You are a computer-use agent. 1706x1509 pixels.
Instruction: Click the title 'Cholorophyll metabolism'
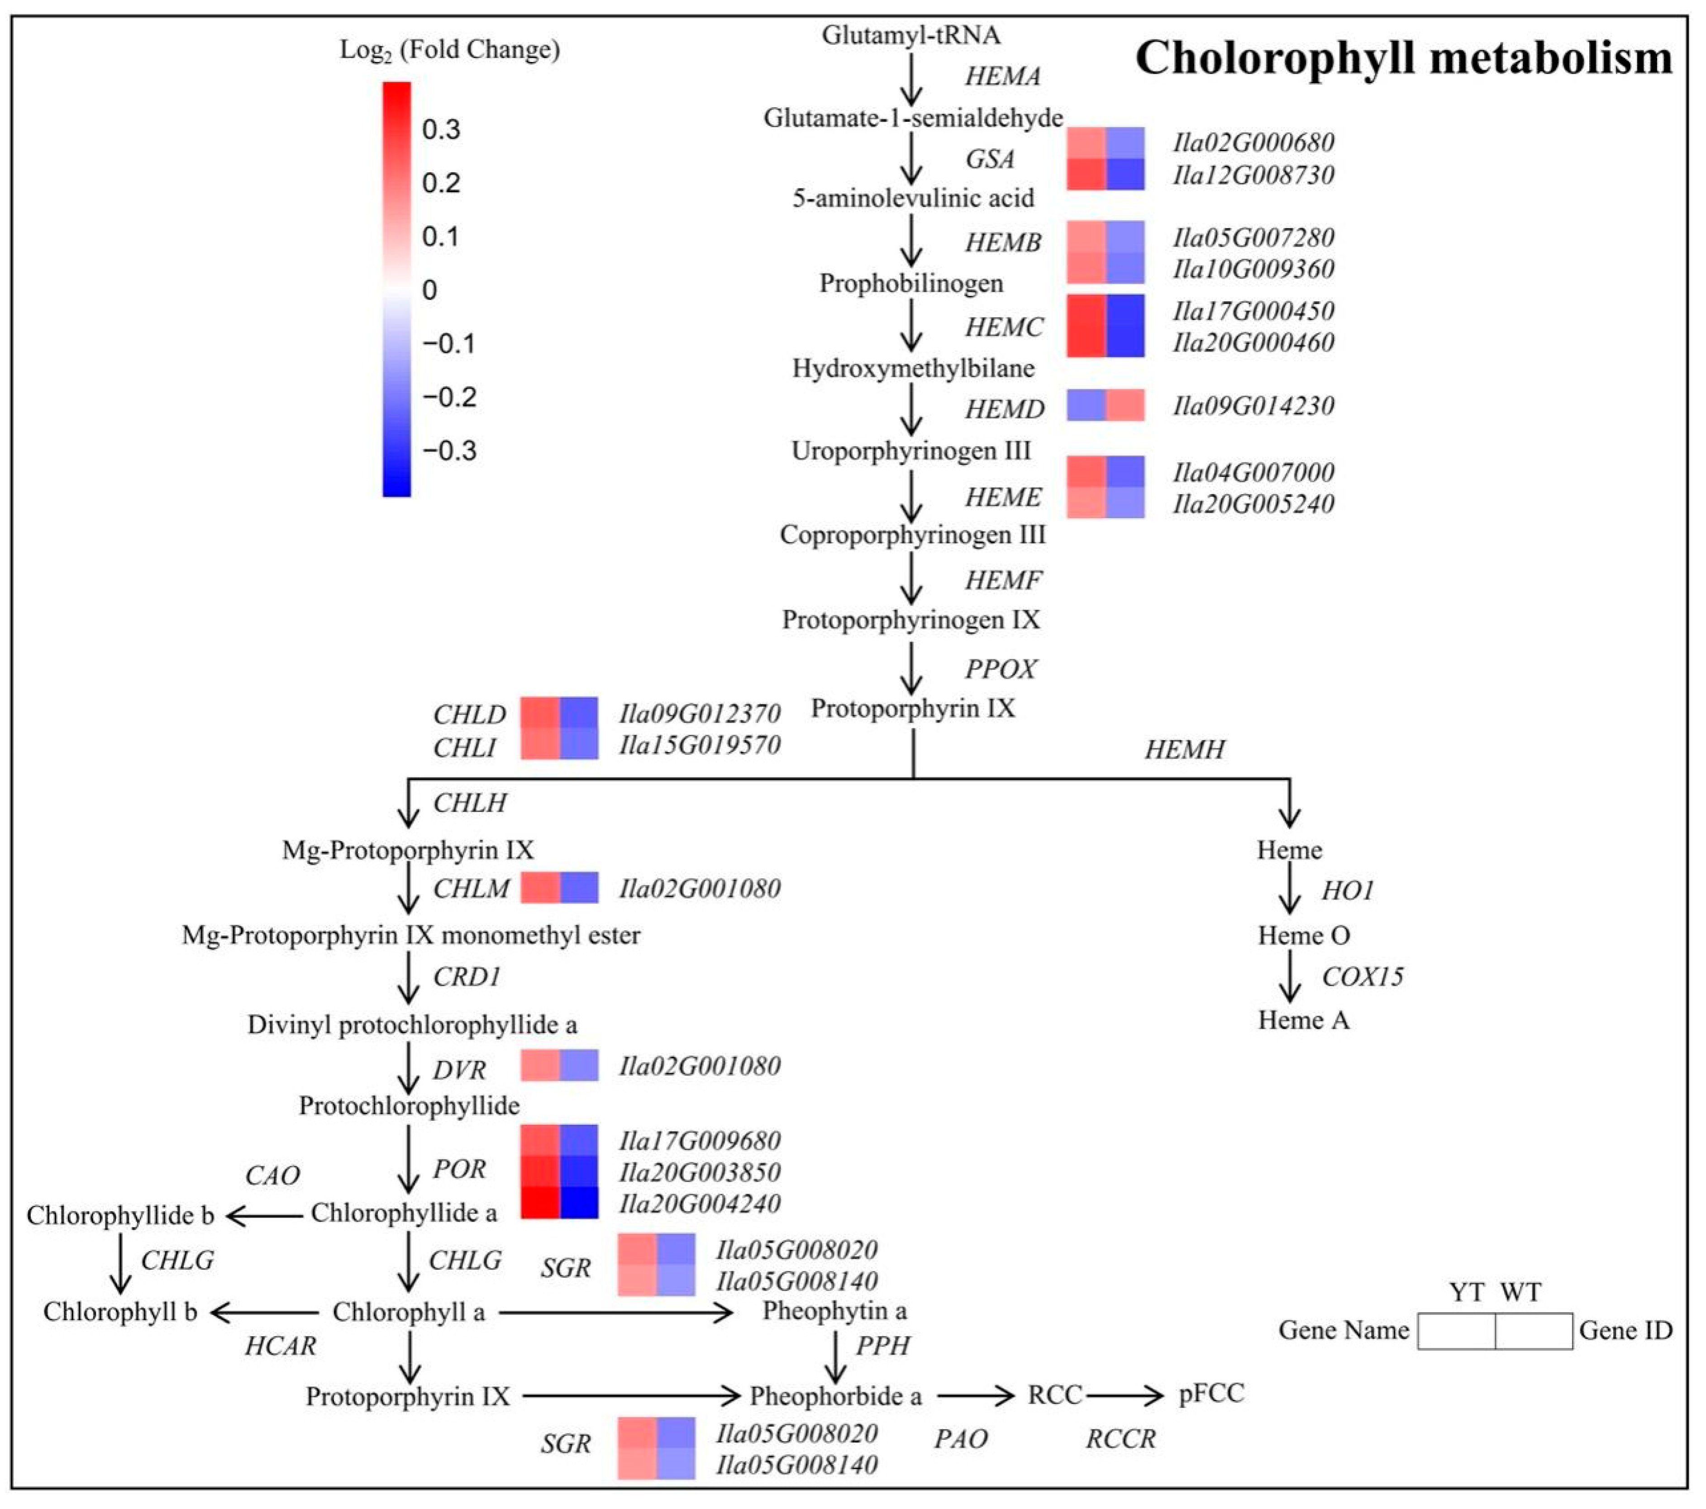(1404, 58)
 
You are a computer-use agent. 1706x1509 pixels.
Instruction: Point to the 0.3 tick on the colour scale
(441, 129)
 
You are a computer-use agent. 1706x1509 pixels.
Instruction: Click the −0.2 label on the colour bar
(449, 397)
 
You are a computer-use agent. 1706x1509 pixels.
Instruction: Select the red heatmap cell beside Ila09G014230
(1125, 405)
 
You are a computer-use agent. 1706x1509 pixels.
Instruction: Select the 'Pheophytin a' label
(834, 1311)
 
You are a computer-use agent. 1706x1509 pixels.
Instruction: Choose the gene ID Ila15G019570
(700, 745)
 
